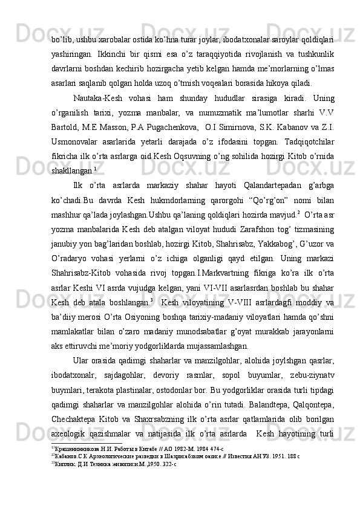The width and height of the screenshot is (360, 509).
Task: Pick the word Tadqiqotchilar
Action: tap(306, 141)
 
